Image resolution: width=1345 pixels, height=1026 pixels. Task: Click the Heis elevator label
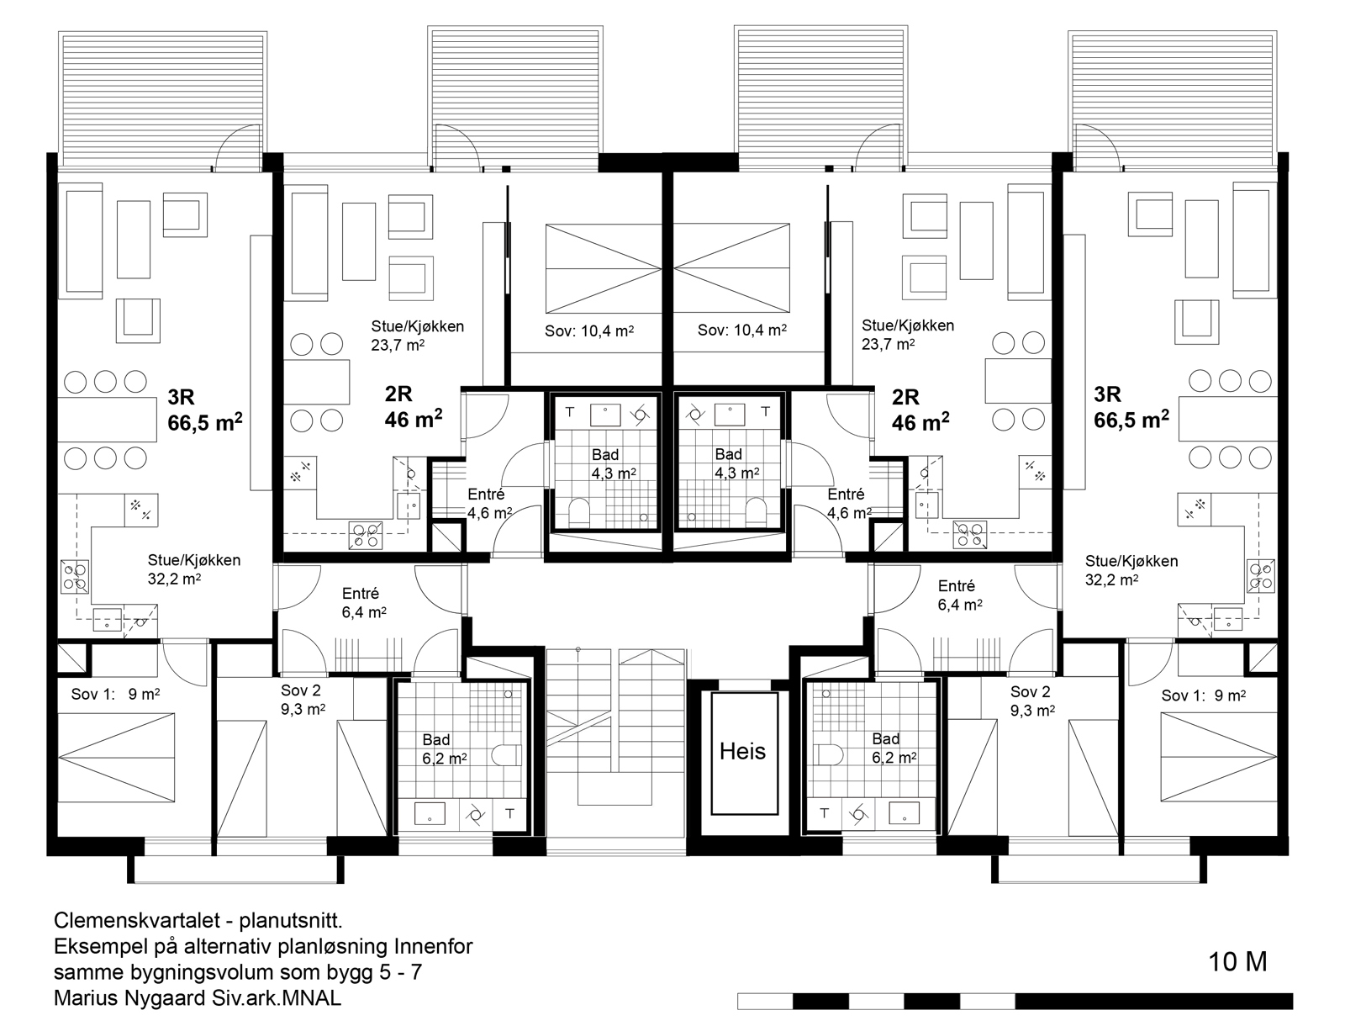[742, 752]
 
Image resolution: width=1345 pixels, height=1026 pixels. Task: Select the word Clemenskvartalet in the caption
[137, 921]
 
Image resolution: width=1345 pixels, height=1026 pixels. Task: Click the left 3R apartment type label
[181, 397]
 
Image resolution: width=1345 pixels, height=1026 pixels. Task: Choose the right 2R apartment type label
[905, 397]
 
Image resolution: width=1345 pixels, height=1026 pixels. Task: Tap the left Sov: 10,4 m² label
[589, 331]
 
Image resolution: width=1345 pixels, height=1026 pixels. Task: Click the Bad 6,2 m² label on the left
[444, 749]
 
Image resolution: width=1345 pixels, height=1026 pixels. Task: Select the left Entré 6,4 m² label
[364, 603]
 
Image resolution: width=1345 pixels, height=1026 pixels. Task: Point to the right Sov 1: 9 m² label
[1204, 695]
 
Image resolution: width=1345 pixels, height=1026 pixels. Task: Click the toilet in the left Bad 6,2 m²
[507, 755]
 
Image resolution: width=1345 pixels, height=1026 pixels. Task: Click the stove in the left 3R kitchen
[75, 577]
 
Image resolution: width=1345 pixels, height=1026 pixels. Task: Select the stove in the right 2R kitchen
[970, 534]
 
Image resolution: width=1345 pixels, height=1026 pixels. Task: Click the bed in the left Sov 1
[116, 757]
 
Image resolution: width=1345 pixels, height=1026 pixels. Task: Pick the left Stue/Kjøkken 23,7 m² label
[417, 336]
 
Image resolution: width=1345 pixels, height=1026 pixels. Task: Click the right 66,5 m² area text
[1131, 420]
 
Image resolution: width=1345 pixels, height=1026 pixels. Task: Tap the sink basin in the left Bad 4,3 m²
[604, 415]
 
